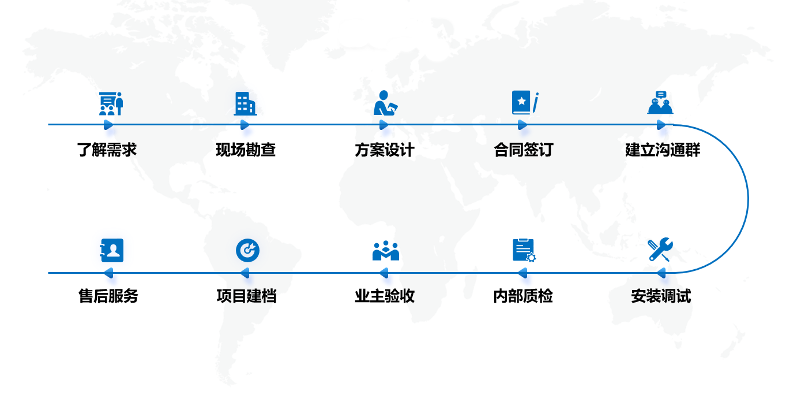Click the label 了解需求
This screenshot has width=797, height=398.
pos(107,150)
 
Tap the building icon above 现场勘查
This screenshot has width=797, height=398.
pos(245,104)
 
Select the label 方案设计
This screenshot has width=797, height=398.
pos(384,150)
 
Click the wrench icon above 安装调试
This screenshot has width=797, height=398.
pos(660,250)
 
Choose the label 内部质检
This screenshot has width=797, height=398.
pos(523,296)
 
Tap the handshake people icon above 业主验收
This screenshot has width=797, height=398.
pos(385,251)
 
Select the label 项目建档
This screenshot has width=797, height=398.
pos(246,296)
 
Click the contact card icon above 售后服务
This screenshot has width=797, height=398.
pos(112,250)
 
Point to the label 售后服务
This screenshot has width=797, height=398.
pos(108,296)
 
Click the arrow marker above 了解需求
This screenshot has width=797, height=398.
pos(108,124)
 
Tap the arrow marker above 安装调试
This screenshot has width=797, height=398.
pos(661,273)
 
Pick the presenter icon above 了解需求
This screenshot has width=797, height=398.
pos(111,103)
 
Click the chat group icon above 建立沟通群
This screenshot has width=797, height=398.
pos(660,103)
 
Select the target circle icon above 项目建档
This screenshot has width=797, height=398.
pos(247,250)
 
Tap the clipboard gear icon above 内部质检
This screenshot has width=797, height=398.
pos(524,250)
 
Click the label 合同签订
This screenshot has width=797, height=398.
pos(523,150)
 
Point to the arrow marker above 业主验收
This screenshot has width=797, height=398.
pos(384,273)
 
